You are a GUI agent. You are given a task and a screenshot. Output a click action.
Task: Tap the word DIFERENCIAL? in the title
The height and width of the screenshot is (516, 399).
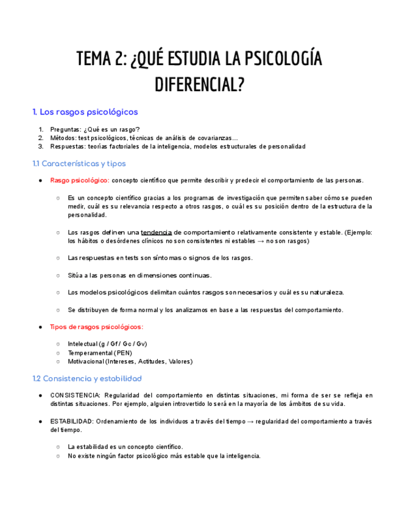click(x=199, y=85)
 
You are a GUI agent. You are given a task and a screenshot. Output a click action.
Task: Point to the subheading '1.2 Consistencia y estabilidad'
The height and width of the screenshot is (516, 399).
click(x=87, y=378)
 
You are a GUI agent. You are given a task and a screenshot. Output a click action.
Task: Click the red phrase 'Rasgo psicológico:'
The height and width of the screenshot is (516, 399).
click(x=80, y=181)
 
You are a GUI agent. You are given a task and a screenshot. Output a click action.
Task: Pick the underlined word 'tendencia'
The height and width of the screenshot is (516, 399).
click(x=156, y=232)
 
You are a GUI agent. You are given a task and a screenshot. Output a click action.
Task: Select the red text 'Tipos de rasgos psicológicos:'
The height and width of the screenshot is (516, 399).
click(x=96, y=327)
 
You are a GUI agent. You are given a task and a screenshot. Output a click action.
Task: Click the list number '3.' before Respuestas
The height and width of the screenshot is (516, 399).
click(x=41, y=146)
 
